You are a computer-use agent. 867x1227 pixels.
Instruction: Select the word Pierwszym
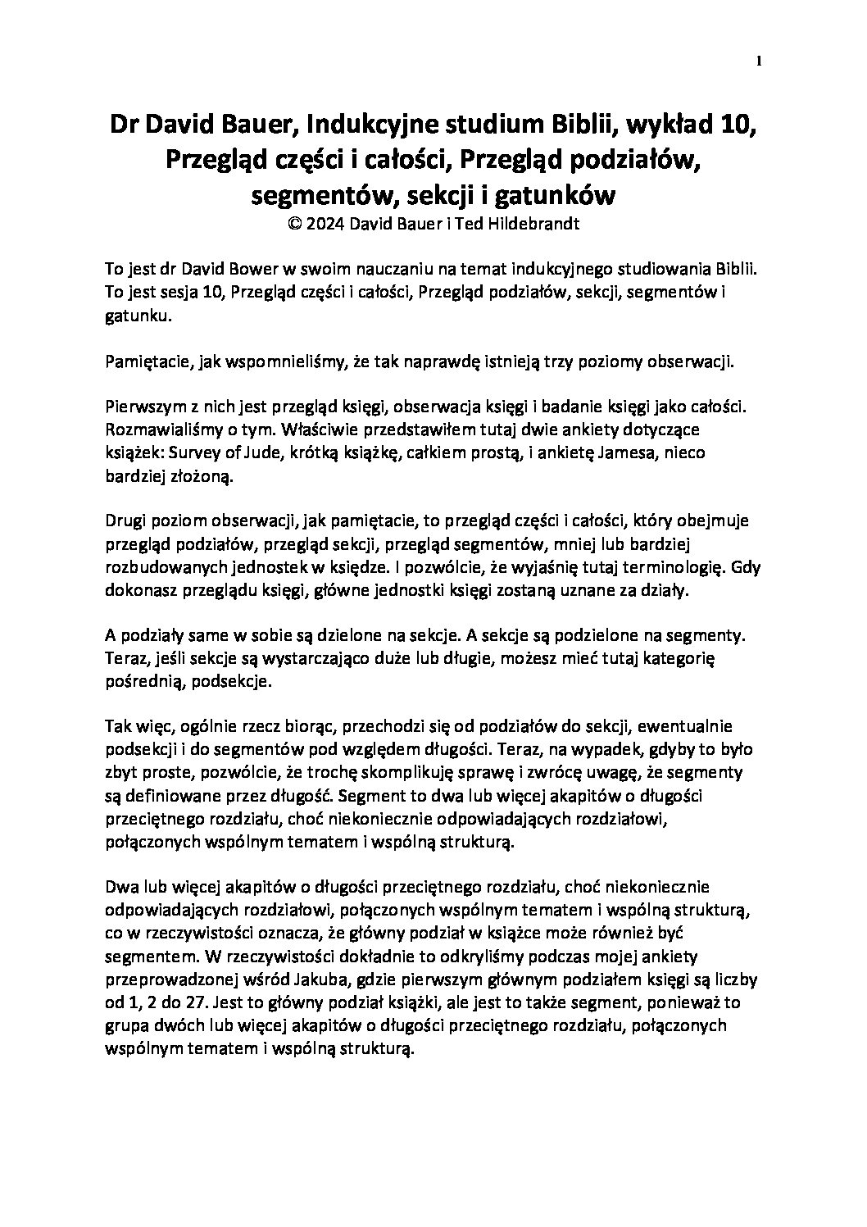(140, 406)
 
